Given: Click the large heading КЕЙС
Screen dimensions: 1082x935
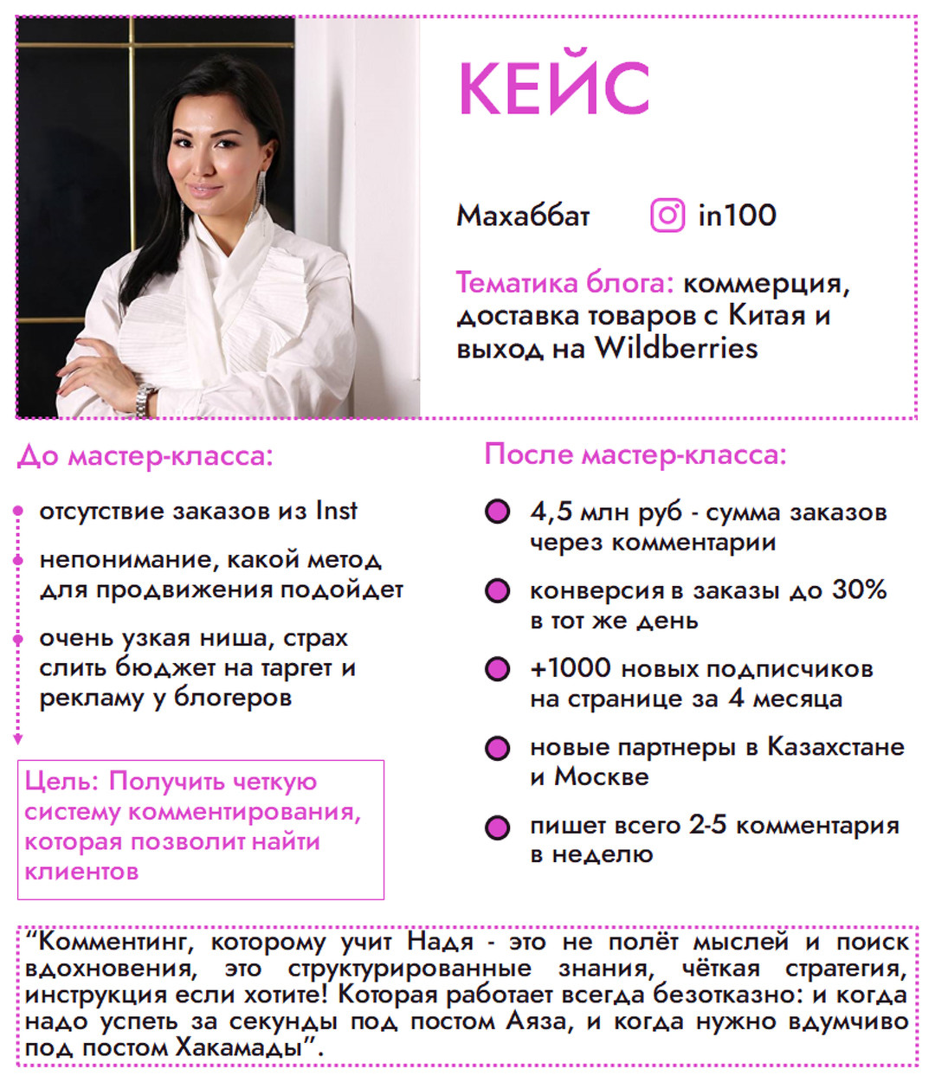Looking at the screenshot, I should [553, 88].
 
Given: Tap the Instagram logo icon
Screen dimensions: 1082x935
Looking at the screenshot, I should [667, 215].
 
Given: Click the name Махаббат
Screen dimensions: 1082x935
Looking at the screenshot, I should [523, 216].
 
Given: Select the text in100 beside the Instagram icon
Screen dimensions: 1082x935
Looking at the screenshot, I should [737, 216].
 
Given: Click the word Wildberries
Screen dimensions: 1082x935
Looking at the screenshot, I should [675, 348].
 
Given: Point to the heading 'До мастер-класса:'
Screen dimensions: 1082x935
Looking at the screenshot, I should [145, 455].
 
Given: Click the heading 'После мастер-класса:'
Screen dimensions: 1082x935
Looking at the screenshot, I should [635, 454].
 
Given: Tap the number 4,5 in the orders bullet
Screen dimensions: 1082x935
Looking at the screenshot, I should [551, 512].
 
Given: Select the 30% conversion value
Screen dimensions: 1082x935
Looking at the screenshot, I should [859, 589].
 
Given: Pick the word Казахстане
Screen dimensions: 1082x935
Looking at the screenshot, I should [835, 746].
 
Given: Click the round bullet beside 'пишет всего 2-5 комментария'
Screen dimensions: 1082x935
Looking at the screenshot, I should [497, 827].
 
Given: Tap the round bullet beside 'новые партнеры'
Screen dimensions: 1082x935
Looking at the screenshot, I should [497, 748].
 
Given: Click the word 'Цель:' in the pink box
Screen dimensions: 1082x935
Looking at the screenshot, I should [62, 782].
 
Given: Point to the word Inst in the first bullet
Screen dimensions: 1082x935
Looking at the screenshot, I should [336, 511].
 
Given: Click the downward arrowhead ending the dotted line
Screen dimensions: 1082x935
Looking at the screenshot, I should [17, 739].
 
